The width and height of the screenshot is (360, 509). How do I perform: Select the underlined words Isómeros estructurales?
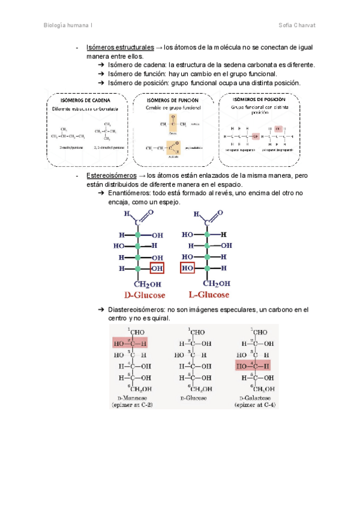coord(120,47)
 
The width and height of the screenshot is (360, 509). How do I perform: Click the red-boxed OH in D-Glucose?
coord(157,268)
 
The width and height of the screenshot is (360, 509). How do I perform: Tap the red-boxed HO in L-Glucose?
coord(188,268)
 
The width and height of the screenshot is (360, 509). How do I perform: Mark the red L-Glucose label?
coord(209,295)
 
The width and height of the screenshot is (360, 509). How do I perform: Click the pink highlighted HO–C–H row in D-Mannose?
coord(130,343)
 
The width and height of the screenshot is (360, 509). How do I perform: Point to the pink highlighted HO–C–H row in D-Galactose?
coord(253,366)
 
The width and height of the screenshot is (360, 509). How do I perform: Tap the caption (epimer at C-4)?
coord(252,405)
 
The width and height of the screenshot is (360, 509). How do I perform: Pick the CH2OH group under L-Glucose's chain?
coord(217,283)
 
